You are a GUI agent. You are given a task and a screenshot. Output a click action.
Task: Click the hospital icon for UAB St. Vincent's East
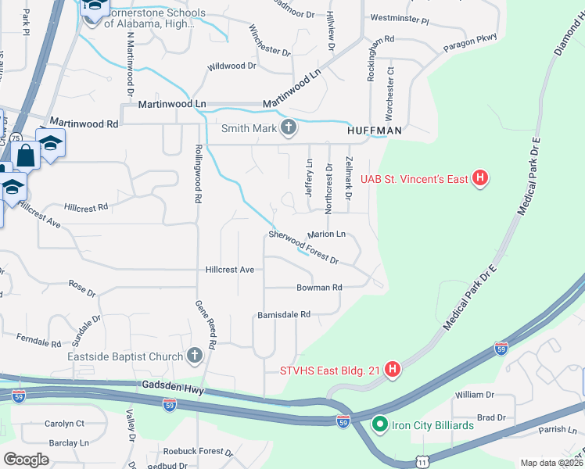[481, 179]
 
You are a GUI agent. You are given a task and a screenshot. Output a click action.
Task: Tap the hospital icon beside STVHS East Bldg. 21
[393, 368]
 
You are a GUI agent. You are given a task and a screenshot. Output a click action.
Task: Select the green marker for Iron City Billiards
[380, 425]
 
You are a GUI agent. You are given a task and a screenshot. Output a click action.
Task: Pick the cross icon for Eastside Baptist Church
[194, 356]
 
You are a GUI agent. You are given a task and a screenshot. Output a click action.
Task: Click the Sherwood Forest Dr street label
[303, 247]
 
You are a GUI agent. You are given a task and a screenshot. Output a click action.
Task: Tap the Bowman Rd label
[319, 288]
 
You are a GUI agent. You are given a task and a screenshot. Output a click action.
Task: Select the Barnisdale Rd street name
[284, 314]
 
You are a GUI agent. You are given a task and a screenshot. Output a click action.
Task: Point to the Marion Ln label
[326, 234]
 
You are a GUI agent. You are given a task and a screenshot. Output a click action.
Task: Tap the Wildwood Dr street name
[231, 66]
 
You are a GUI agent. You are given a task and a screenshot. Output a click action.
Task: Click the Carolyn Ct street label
[64, 424]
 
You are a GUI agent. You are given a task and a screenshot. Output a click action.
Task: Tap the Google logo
[26, 460]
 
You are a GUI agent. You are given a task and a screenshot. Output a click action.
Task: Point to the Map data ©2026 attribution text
[550, 463]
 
